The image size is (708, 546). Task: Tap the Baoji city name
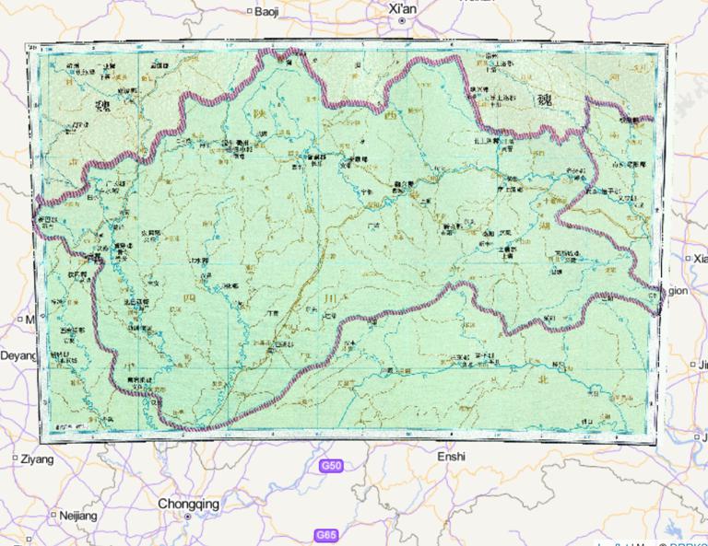(266, 11)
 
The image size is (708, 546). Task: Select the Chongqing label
(188, 504)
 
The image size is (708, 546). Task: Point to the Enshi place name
(452, 456)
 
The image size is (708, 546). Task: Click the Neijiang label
(77, 516)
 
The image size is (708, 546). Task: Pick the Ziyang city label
(38, 459)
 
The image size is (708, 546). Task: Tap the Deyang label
(17, 354)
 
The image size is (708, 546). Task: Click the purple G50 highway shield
(332, 467)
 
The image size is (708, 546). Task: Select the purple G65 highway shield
(326, 535)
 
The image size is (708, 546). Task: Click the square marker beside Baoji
(249, 11)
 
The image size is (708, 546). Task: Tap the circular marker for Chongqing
(188, 517)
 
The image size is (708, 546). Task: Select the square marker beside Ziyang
(15, 459)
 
